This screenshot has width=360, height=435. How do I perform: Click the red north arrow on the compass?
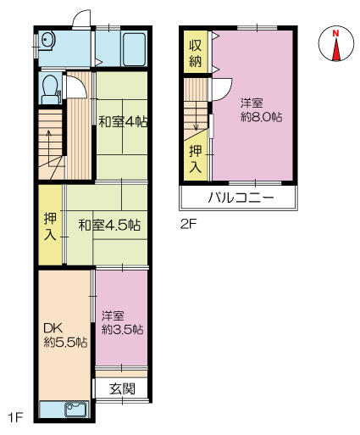[336, 49]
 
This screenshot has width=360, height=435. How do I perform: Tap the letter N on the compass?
[335, 33]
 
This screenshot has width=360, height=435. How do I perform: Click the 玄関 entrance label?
[122, 389]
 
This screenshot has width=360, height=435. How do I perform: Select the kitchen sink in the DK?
[76, 410]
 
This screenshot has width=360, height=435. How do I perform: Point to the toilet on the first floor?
[50, 88]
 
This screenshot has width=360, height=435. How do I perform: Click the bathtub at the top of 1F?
[135, 50]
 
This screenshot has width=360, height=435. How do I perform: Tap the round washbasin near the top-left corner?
[47, 41]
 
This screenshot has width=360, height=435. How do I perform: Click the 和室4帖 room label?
[123, 122]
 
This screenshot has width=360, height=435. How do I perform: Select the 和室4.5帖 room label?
[109, 226]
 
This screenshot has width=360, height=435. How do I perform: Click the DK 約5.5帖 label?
[65, 336]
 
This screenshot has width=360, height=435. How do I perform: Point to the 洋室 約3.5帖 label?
[122, 322]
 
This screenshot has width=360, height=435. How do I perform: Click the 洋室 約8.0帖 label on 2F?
[261, 109]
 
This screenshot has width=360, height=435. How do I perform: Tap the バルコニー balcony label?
[241, 198]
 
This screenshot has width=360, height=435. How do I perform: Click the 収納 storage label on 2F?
[195, 53]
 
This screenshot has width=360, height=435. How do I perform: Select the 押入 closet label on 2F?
[196, 159]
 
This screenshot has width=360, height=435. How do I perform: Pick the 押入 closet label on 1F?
[50, 226]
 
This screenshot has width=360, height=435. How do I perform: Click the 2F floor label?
[188, 225]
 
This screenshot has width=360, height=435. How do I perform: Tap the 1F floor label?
[15, 418]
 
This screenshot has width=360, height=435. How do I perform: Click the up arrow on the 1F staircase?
[49, 148]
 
